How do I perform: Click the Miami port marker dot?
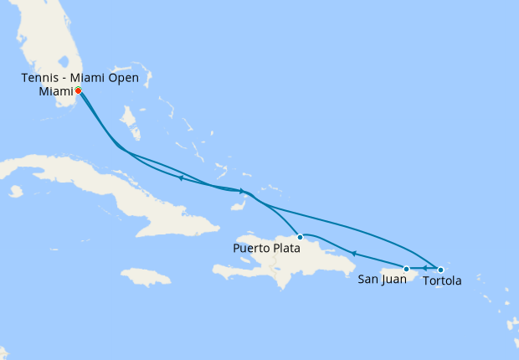(78, 90)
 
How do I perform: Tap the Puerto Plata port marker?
(301, 237)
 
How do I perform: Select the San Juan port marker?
(407, 269)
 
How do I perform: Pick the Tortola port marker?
(440, 269)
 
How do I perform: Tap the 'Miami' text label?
(56, 91)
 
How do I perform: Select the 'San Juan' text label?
(383, 280)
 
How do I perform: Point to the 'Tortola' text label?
(442, 280)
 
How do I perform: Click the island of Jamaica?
(146, 277)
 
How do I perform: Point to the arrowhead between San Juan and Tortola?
(424, 269)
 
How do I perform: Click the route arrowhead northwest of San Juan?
(354, 254)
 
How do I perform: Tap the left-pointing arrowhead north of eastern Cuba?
(181, 177)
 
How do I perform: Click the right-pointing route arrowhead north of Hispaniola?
(242, 191)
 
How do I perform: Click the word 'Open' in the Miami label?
(123, 79)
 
